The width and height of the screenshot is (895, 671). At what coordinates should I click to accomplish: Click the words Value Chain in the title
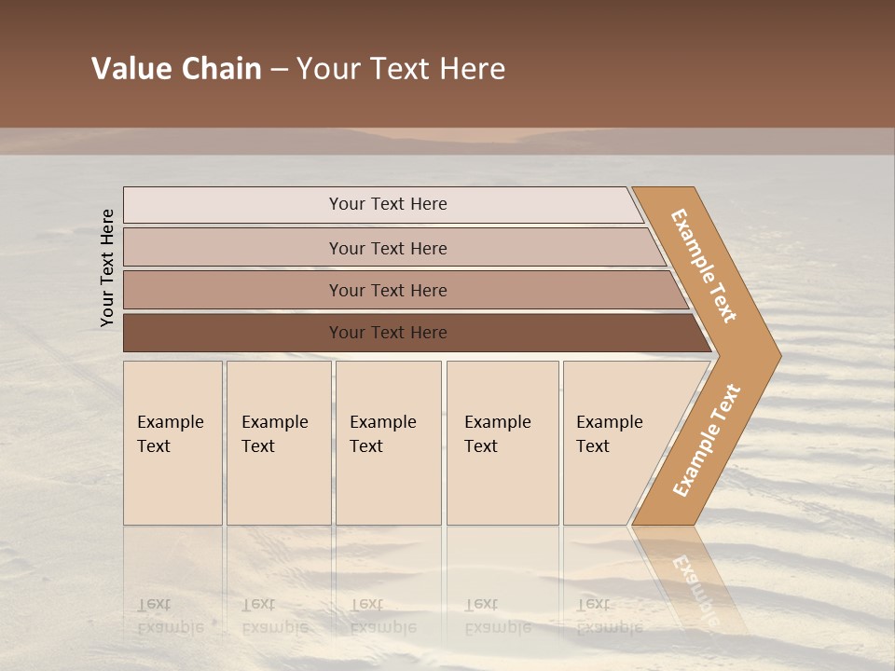coord(176,69)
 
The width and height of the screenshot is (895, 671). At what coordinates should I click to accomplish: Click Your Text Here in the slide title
coord(401,69)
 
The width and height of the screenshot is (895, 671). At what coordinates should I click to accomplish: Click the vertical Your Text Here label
coord(107,267)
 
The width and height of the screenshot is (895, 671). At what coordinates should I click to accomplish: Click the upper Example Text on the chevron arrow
coord(704,266)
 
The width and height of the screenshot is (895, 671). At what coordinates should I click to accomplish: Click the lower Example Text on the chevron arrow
coord(707,440)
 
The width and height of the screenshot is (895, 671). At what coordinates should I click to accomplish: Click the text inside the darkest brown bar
coord(388,333)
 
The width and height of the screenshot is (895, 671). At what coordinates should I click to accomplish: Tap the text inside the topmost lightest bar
coord(388,204)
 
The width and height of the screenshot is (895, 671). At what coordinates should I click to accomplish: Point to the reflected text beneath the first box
coord(170,616)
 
